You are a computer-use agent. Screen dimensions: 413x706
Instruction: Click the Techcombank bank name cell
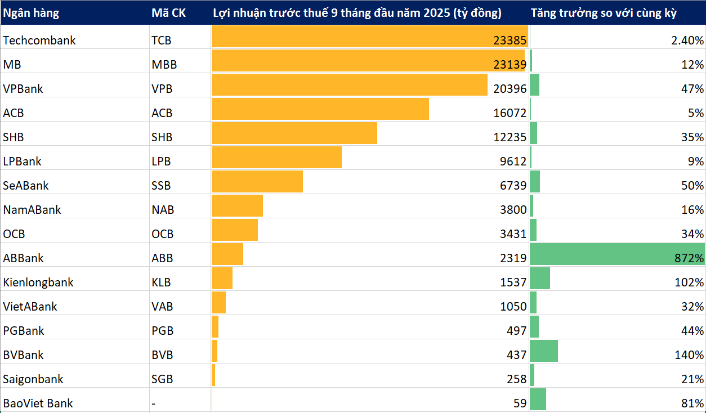tap(39, 41)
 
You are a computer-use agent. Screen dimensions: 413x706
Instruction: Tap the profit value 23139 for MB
tap(508, 65)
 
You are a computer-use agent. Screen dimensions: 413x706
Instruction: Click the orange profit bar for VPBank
tap(349, 85)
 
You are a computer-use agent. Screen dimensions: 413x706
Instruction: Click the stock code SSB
tap(161, 186)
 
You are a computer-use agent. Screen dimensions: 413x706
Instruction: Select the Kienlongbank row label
tap(38, 282)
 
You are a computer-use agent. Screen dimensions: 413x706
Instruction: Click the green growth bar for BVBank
tap(544, 351)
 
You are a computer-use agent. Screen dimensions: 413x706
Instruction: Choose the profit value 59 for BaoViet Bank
tap(520, 403)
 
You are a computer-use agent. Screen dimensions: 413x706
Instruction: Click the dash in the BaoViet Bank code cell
tap(154, 403)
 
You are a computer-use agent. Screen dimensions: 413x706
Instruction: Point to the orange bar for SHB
tap(294, 133)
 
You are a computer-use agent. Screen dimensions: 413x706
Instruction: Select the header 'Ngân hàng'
tap(31, 13)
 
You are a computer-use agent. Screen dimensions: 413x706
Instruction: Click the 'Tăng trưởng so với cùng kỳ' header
tap(604, 13)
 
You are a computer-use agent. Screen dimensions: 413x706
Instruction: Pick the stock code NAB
tap(163, 210)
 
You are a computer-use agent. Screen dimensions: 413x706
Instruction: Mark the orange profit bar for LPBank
tap(276, 158)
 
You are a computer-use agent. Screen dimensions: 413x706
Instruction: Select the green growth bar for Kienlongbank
tap(540, 279)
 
